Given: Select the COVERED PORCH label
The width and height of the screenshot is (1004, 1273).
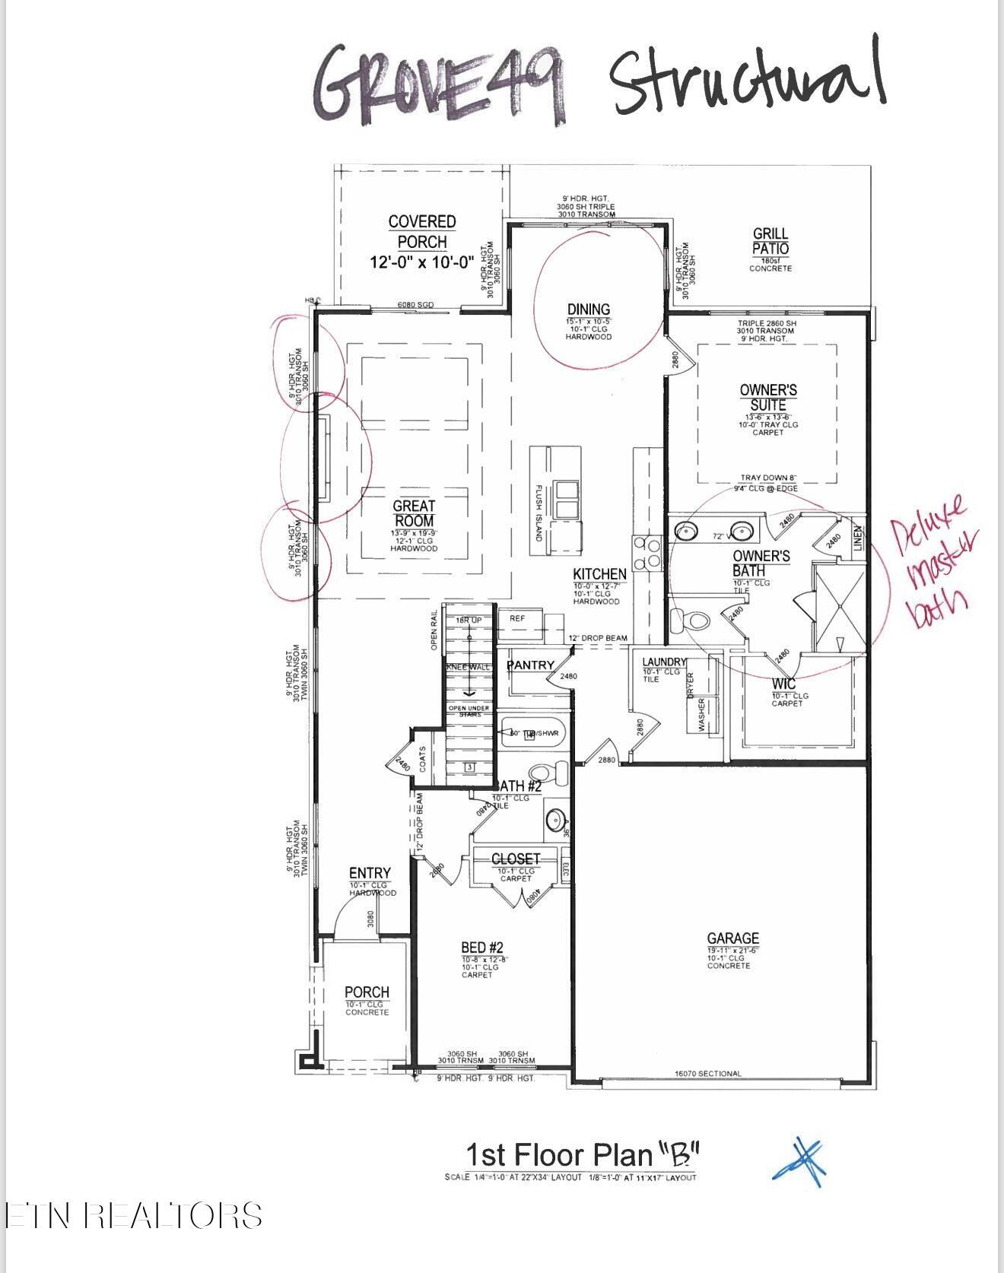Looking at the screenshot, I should [x=422, y=232].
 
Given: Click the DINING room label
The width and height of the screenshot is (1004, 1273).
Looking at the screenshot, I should [x=589, y=310].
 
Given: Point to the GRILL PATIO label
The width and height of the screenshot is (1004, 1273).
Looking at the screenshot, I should [x=770, y=241].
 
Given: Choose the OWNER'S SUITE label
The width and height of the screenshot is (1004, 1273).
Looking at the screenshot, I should [x=768, y=397].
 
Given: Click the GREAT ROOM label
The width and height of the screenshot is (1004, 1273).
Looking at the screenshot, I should [x=414, y=513].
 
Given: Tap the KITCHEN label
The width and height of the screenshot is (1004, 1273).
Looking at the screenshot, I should [x=599, y=574].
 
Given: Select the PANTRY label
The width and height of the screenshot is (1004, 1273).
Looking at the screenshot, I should [x=531, y=665].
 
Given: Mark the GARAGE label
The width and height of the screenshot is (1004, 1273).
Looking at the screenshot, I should [x=732, y=939].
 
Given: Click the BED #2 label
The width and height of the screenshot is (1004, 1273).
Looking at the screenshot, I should [x=482, y=948].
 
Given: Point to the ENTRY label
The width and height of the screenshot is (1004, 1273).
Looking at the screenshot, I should [x=370, y=874].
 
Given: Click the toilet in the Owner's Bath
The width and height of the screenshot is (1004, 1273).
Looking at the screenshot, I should [x=694, y=621].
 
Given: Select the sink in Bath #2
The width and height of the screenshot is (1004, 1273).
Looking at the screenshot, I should [x=555, y=821].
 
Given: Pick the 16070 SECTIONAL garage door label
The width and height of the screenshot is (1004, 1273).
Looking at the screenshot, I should [x=707, y=1074].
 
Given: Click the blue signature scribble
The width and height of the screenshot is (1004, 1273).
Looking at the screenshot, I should [x=800, y=1162].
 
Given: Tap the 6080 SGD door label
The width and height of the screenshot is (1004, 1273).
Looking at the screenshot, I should [x=415, y=305].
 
